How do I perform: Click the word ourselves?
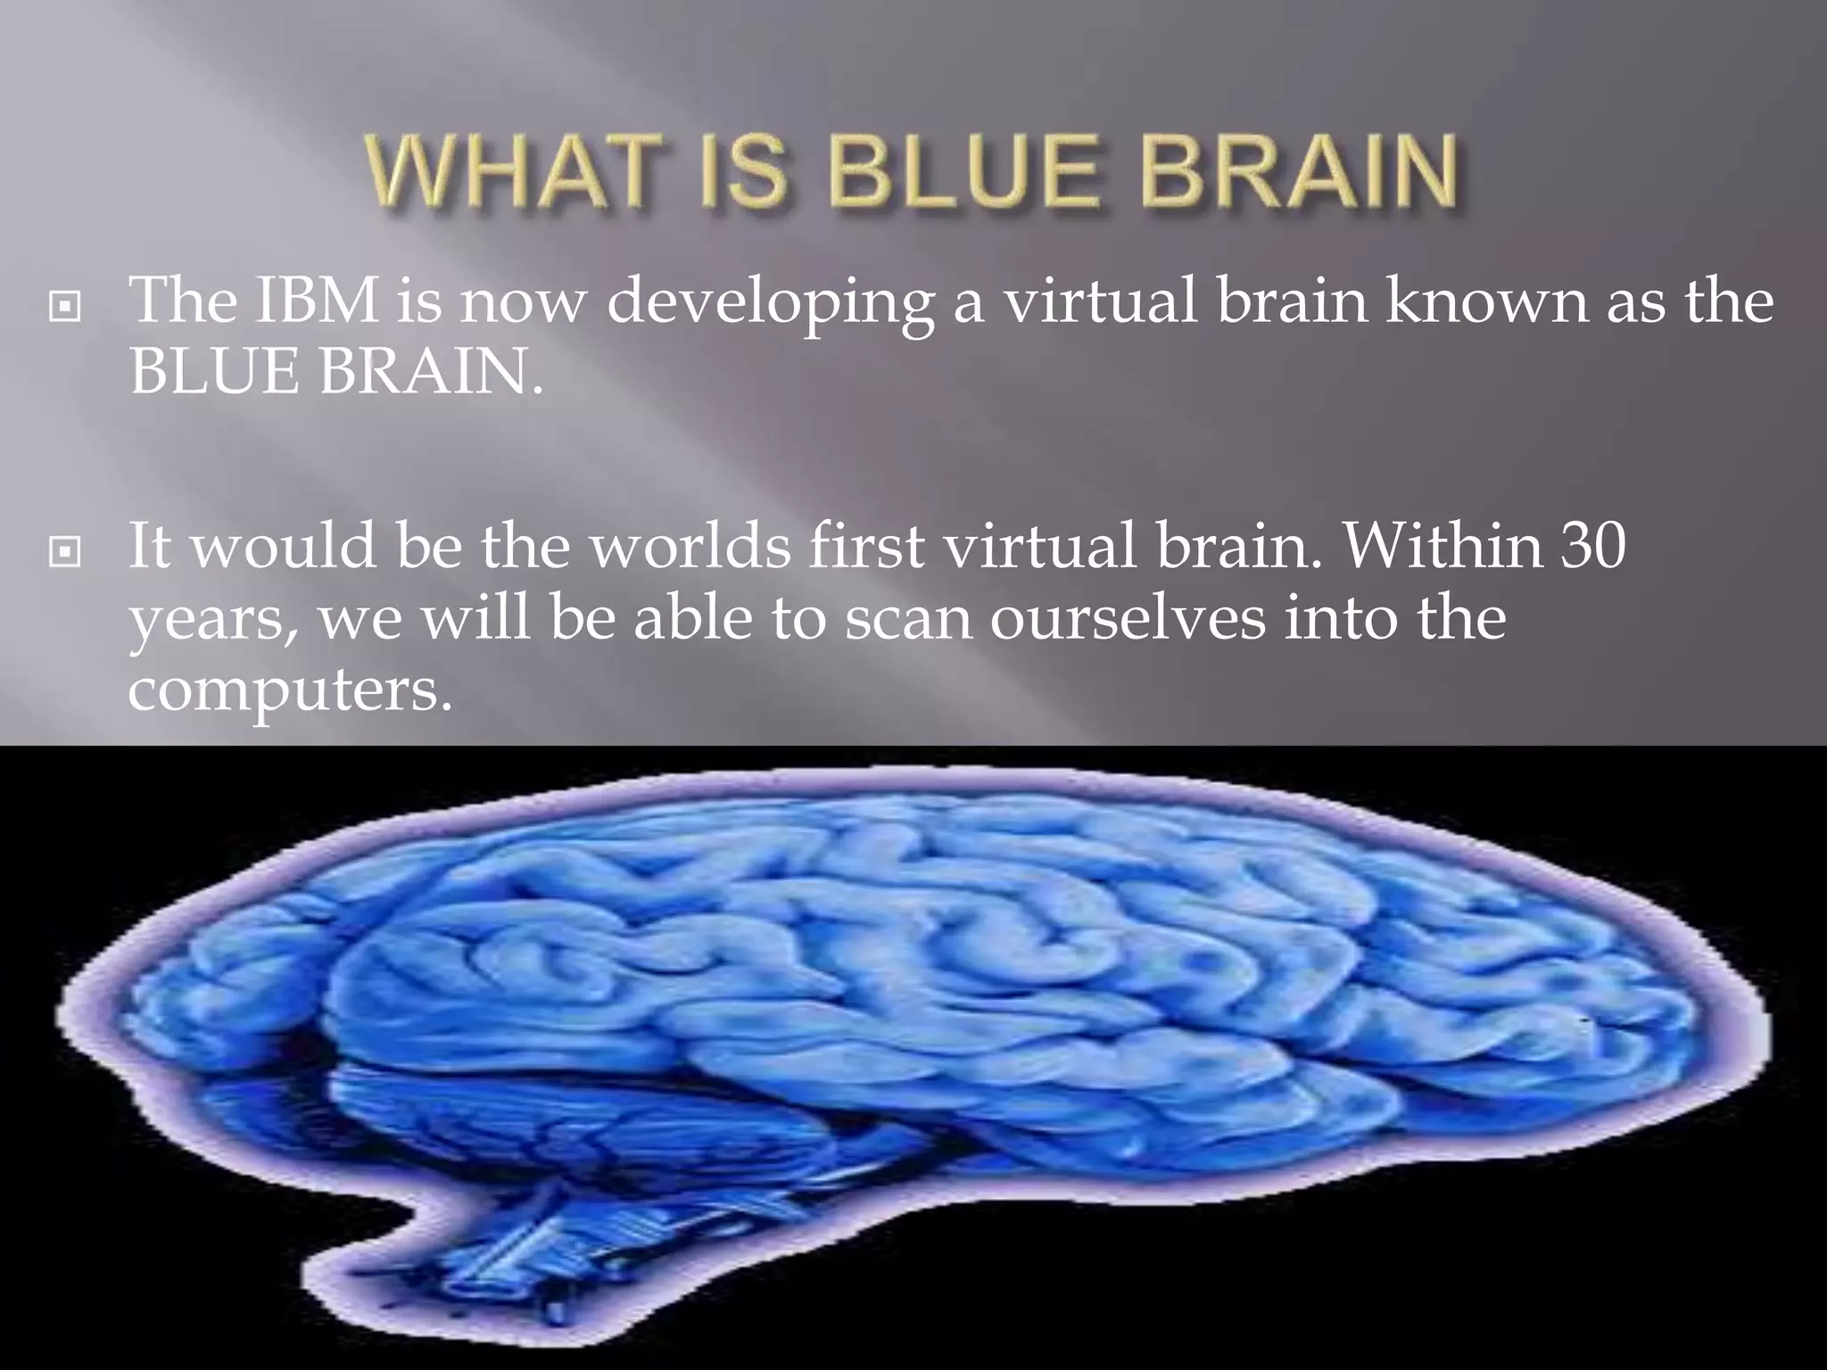coord(1128,618)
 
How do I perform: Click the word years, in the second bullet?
coord(214,621)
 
